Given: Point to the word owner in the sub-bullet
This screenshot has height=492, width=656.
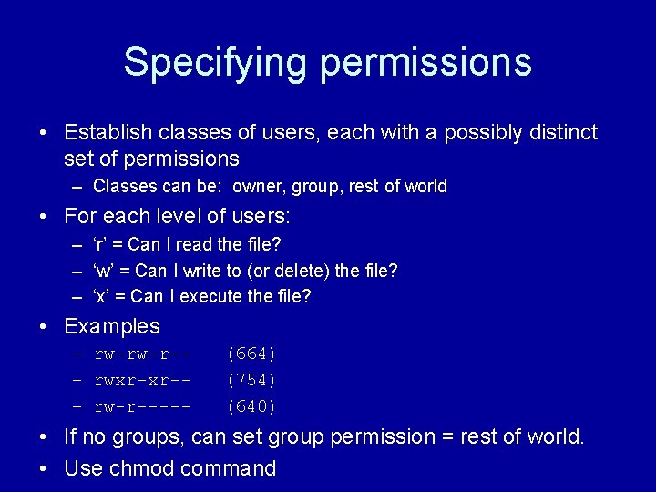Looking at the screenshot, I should click(258, 187).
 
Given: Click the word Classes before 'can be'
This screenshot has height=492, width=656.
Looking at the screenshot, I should click(124, 187).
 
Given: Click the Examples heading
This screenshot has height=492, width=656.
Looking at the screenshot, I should click(112, 327).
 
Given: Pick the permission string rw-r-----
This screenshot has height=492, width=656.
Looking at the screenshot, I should click(142, 406).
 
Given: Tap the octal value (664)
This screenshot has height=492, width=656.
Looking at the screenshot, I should click(251, 354).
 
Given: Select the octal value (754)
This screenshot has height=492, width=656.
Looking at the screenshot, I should click(251, 380).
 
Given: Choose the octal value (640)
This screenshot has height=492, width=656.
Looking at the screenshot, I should click(251, 406).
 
